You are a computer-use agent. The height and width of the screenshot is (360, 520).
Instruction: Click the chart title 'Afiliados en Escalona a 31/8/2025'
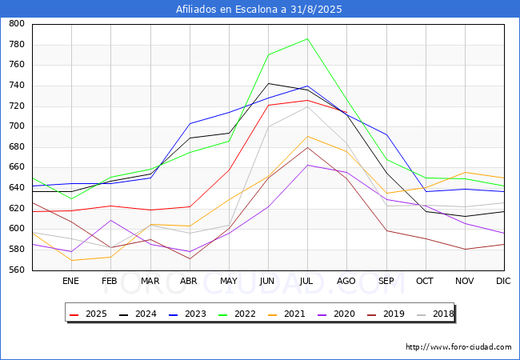click(258, 10)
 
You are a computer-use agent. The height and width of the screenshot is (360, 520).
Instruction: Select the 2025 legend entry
click(88, 314)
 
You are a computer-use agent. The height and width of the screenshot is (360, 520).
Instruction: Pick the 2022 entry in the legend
click(237, 314)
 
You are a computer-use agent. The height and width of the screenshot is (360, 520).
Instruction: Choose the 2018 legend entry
click(435, 314)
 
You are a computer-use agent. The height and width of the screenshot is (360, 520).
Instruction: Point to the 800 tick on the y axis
click(17, 23)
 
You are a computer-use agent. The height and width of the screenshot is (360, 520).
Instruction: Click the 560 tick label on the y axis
click(17, 270)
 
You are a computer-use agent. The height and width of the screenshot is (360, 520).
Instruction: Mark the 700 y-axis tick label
click(17, 126)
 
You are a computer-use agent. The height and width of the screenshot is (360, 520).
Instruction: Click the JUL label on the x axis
click(306, 281)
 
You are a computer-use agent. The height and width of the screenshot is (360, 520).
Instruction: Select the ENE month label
click(70, 281)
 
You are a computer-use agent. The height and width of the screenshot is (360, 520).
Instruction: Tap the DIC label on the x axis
click(503, 281)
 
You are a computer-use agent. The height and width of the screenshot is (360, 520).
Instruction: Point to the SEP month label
click(386, 281)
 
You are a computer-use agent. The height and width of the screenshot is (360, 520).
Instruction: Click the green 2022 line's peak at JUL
click(307, 38)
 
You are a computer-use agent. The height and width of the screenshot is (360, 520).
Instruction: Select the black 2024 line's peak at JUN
click(268, 83)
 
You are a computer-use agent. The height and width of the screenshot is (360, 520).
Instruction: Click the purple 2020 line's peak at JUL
click(307, 165)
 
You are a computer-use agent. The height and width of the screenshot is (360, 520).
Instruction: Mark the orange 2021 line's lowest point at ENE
click(72, 260)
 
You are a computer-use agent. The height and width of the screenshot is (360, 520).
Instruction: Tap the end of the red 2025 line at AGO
click(346, 112)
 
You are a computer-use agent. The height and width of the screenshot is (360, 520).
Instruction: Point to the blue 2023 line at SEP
click(386, 134)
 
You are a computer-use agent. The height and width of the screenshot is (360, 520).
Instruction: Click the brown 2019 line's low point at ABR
click(190, 259)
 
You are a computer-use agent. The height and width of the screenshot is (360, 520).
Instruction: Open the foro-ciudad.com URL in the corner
click(458, 347)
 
